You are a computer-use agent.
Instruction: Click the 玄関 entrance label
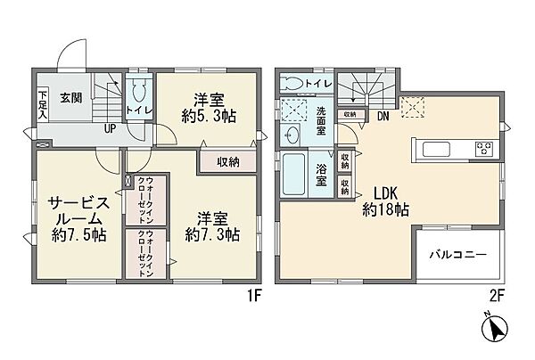(72, 98)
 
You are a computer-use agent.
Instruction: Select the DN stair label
(381, 115)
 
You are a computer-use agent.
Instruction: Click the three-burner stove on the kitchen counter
(482, 148)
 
